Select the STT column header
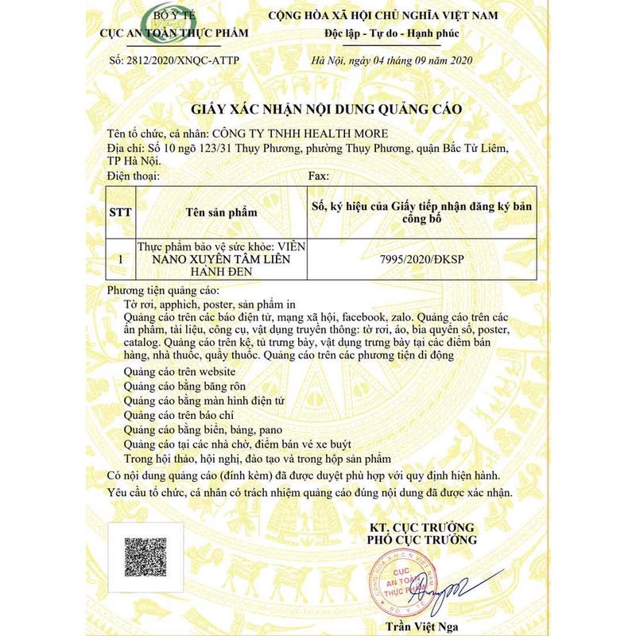click(120, 212)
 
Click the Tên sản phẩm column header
click(222, 212)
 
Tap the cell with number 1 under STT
click(120, 259)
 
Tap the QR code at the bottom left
click(145, 558)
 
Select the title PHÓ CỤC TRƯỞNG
click(421, 540)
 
